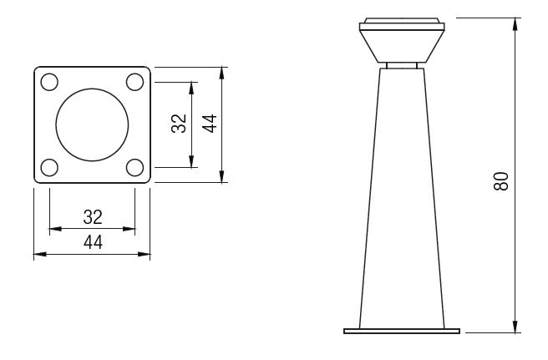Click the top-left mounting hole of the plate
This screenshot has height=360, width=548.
49,82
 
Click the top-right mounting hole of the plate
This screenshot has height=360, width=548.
134,82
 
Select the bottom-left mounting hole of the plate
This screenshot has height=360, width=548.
49,167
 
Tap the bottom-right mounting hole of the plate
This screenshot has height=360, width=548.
134,167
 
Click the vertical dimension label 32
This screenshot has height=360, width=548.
179,124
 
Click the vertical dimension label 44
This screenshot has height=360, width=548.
210,124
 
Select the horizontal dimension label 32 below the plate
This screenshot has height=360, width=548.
93,217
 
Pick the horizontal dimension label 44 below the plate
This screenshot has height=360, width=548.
93,242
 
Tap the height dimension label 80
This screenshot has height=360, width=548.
501,181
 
